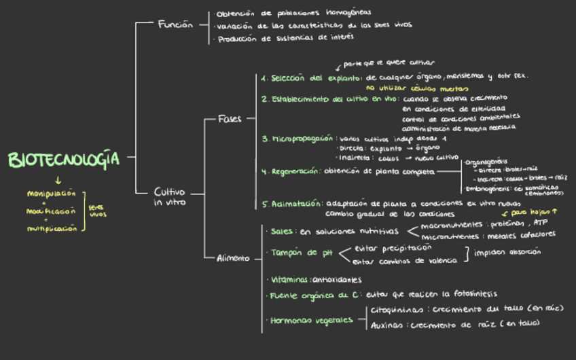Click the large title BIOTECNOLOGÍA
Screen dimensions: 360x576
64,160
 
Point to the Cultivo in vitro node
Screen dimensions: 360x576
169,197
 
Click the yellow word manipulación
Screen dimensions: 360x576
51,194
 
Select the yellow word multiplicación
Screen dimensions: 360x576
52,229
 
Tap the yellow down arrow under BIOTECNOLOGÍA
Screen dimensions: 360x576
58,180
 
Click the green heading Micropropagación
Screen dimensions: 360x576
298,139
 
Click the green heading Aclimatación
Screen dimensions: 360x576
293,203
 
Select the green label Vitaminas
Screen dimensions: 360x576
289,279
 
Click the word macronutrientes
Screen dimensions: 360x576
452,225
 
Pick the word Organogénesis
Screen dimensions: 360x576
486,162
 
